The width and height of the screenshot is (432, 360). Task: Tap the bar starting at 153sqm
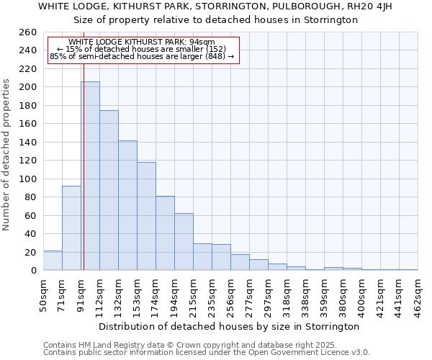[146, 216]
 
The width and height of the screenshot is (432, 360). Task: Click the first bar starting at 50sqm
[53, 261]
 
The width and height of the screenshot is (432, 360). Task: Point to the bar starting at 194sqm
[184, 242]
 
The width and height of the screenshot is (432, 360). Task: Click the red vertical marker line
[84, 180]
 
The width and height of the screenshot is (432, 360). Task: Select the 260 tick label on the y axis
[29, 32]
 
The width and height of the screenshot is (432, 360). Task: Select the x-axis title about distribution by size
[229, 326]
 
